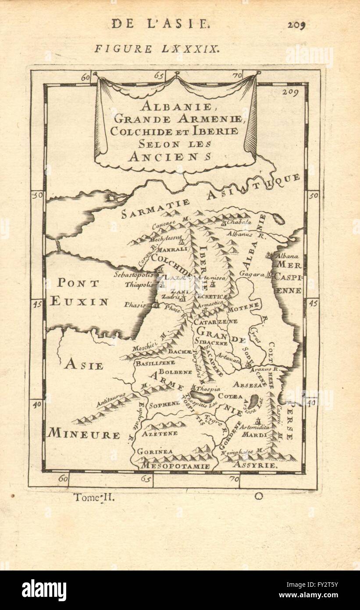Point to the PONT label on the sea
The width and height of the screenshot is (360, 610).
coord(78,283)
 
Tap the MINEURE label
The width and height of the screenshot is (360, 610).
coord(84,435)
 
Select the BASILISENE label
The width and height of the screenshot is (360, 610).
coord(155,363)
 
